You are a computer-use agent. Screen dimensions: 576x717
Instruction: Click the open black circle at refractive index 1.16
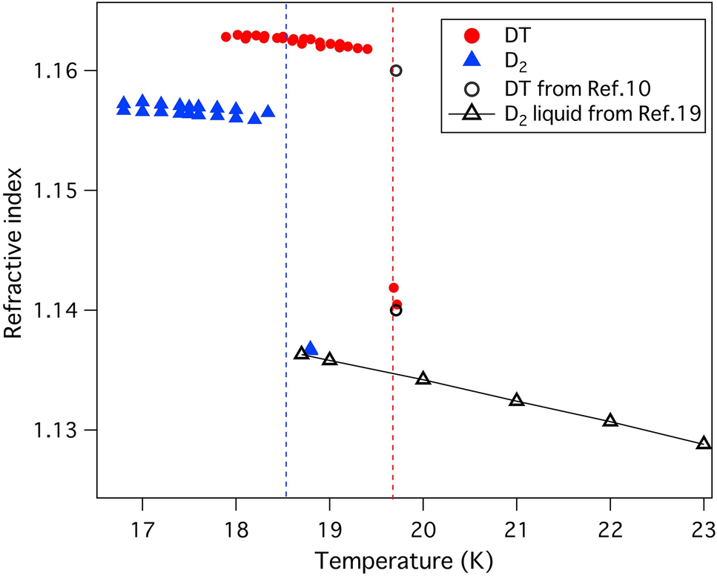pos(396,71)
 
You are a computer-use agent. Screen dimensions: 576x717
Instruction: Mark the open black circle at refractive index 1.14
pos(396,310)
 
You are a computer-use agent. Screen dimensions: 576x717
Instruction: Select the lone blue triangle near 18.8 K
pos(311,348)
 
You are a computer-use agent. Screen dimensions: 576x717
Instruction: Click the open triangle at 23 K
pos(703,443)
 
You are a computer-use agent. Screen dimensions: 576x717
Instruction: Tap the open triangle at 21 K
pos(516,400)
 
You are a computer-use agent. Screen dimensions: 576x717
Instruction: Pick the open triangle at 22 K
pos(609,420)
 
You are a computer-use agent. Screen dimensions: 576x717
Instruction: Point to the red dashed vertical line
pos(392,186)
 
